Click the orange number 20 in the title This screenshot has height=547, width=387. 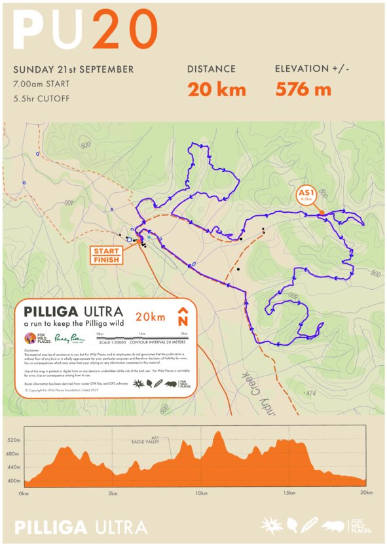(125, 30)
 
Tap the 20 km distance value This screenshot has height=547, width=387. (216, 90)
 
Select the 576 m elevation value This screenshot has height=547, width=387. (303, 90)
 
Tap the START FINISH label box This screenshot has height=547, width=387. (106, 255)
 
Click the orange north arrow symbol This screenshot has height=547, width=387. (183, 317)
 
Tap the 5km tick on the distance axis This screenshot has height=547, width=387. (113, 493)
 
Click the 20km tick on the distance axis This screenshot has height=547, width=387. (367, 493)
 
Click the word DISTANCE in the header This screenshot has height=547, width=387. (211, 69)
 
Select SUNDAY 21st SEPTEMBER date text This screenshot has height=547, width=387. (73, 69)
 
